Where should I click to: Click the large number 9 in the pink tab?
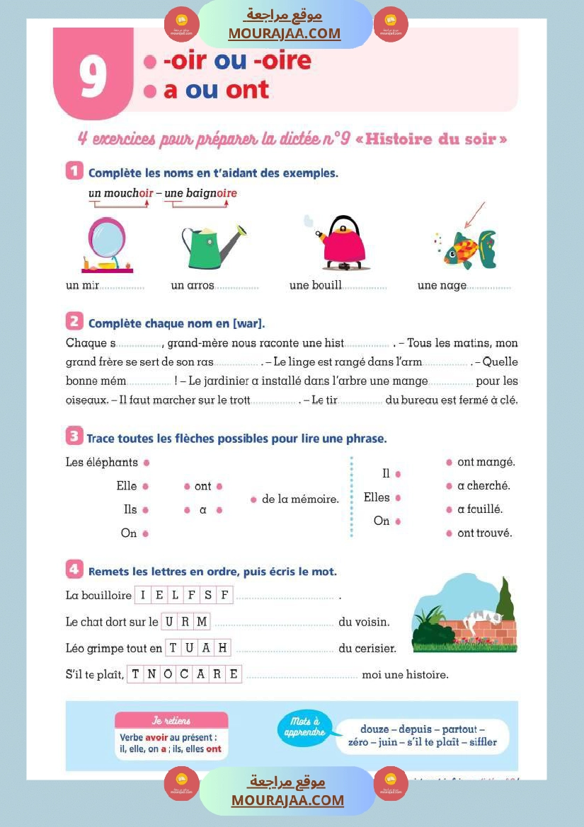point(93,76)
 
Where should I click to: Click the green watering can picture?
point(211,245)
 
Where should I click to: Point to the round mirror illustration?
point(107,244)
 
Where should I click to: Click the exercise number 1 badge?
point(74,171)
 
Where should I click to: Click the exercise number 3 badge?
point(74,437)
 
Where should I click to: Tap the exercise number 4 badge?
point(74,569)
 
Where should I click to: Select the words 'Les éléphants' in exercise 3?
point(101,463)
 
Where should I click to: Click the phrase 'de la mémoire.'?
point(300,499)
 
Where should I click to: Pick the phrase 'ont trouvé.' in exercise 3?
point(484,533)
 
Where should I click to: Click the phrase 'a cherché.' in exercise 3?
point(483,486)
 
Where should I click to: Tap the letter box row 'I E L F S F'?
point(183,595)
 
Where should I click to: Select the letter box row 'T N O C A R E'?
point(184,674)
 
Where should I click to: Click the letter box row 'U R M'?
point(185,622)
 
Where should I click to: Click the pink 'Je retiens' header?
point(171,721)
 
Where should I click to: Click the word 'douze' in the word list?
point(374,729)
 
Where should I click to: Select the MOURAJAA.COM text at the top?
point(284,33)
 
